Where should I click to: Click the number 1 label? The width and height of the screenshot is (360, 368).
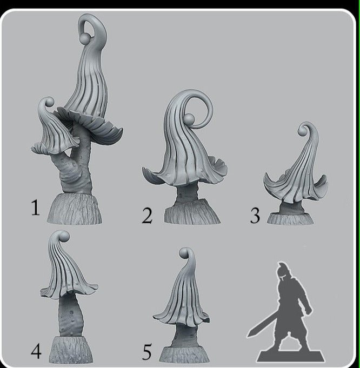(x=35, y=208)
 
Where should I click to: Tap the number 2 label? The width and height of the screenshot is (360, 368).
(x=147, y=216)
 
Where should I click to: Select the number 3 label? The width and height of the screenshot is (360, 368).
(x=255, y=215)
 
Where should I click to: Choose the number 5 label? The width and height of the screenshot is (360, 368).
(x=147, y=352)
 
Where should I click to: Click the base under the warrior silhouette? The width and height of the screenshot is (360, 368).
(x=291, y=356)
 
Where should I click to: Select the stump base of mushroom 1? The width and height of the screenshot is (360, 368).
(x=75, y=209)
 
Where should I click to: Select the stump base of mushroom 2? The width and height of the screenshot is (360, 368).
(x=192, y=212)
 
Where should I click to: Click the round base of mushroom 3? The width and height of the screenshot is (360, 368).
(x=290, y=219)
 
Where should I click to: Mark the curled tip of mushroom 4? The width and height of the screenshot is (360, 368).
(x=63, y=237)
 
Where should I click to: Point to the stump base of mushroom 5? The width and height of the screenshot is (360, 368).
(x=184, y=355)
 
